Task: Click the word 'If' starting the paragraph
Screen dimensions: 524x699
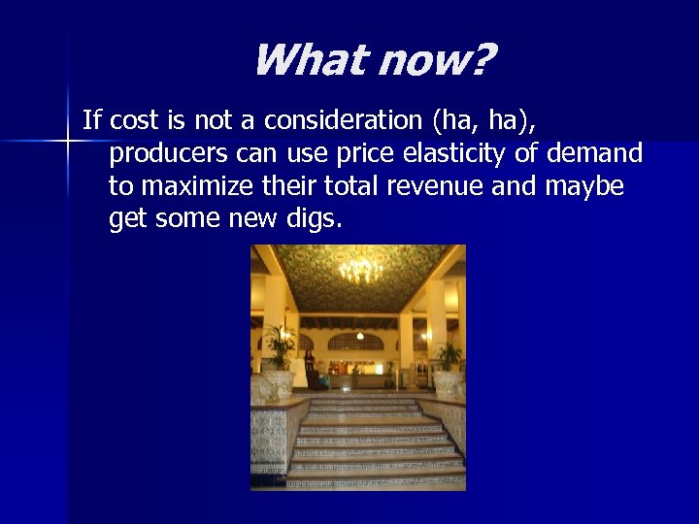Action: coord(92,120)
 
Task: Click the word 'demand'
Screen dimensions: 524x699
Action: coord(595,153)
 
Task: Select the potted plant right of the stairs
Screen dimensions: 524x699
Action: coord(449,356)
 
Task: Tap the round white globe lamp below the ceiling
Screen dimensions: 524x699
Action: coord(360,336)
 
